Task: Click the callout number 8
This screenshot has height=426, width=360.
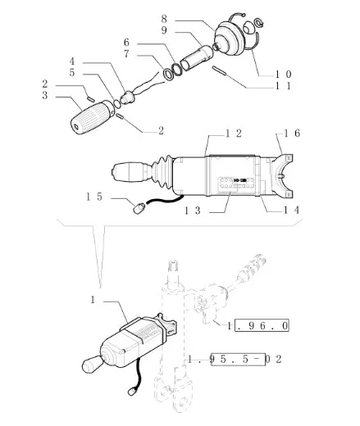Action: tap(164, 19)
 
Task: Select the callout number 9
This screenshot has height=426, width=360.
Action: tap(164, 30)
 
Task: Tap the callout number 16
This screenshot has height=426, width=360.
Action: tap(292, 134)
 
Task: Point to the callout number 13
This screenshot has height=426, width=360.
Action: tap(192, 211)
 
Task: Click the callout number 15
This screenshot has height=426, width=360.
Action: tap(94, 197)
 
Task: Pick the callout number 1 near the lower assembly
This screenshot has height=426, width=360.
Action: tap(93, 300)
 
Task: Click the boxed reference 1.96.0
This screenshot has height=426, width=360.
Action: tap(258, 326)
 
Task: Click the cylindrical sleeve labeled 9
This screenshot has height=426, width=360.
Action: tap(197, 58)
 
